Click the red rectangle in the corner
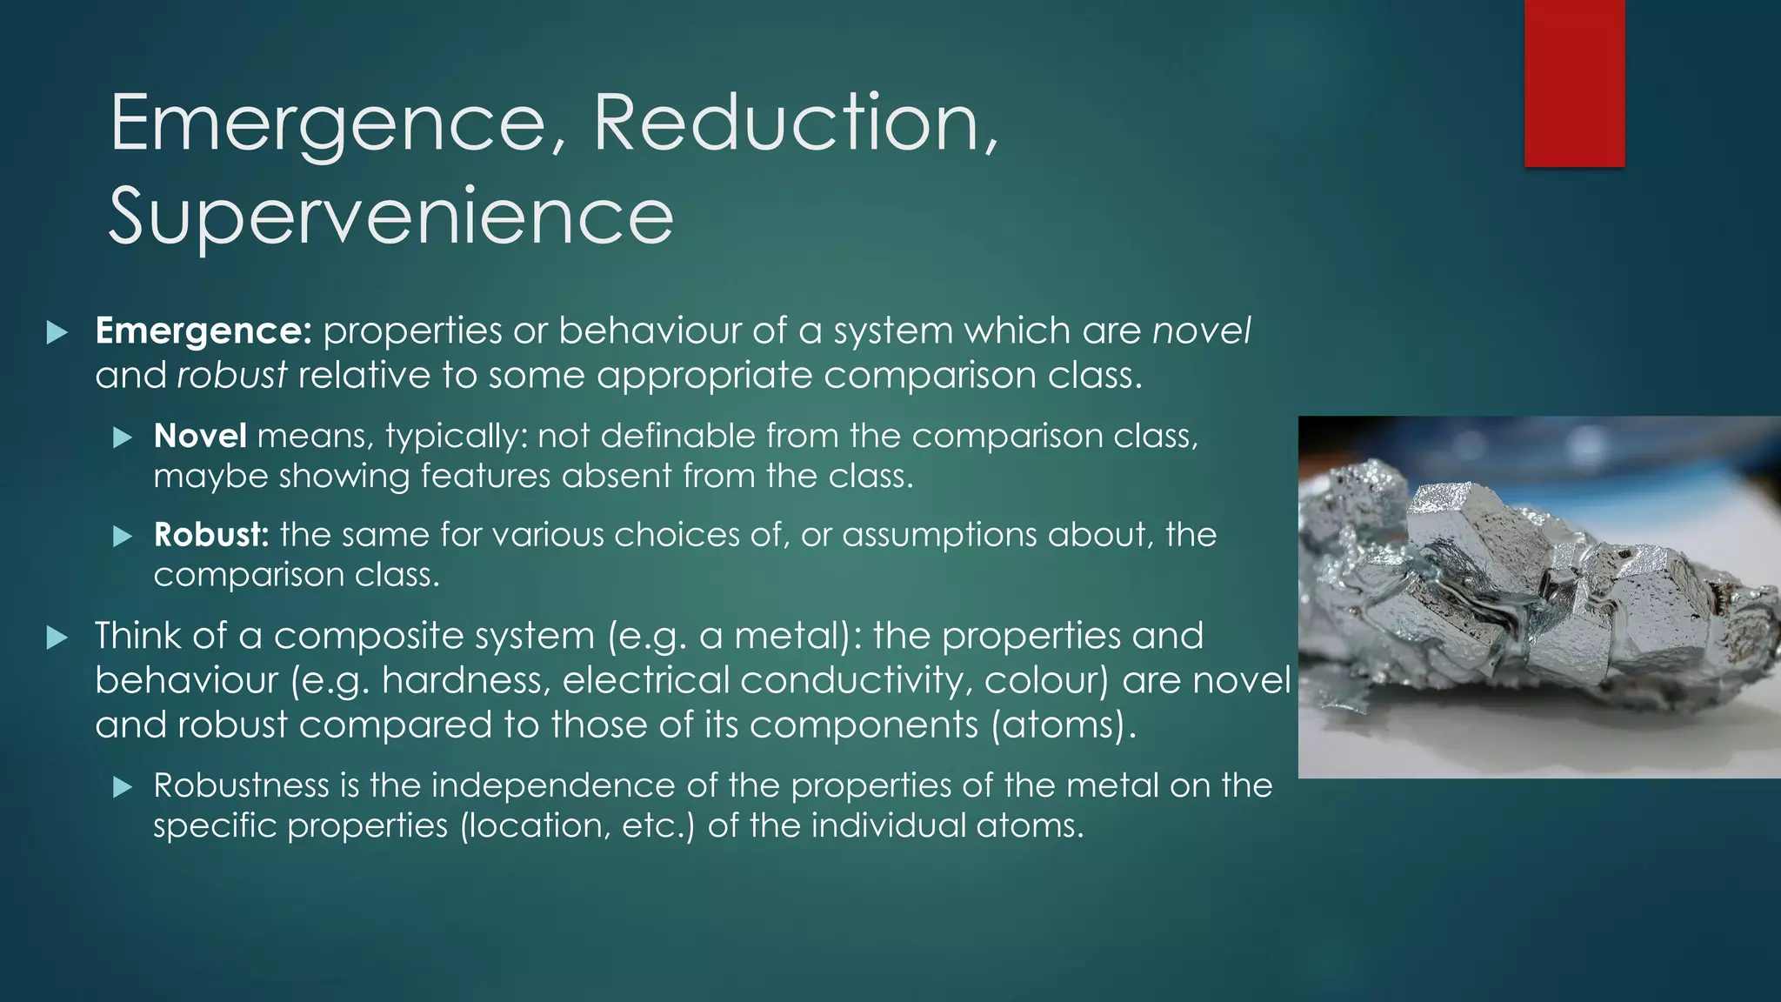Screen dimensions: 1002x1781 point(1574,83)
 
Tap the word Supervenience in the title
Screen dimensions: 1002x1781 point(391,216)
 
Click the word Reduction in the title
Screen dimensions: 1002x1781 point(793,124)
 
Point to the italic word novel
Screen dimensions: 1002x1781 point(1201,331)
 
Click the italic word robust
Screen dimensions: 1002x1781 point(232,376)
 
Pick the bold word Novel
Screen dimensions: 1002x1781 point(200,436)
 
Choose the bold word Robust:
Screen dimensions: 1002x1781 point(211,534)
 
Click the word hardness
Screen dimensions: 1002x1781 point(465,680)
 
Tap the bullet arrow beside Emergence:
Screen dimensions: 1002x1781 point(57,332)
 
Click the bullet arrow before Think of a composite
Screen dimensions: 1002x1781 point(57,638)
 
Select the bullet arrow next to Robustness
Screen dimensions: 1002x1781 point(123,787)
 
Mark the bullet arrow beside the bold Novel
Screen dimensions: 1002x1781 point(123,438)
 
